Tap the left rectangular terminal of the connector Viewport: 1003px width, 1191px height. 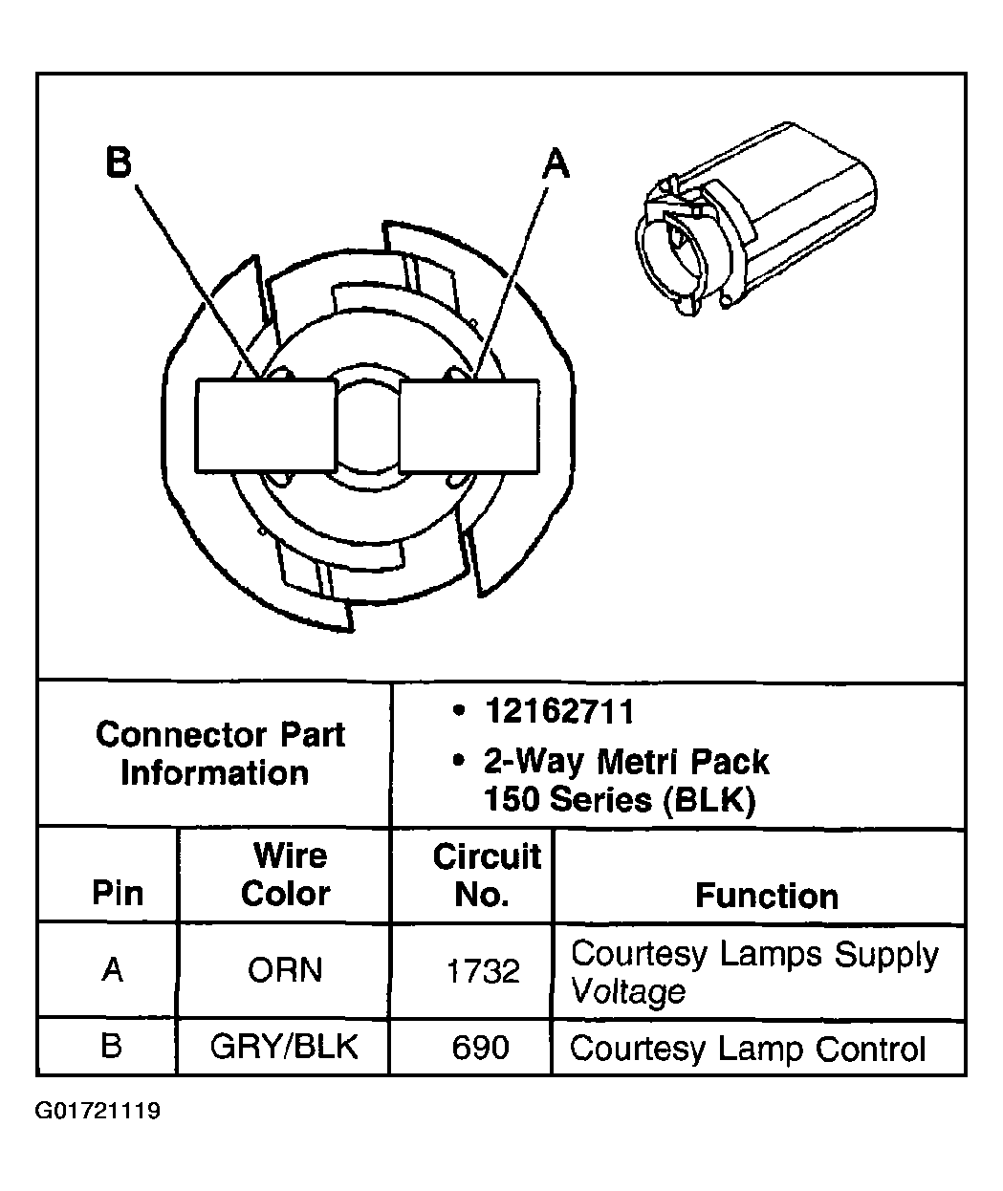click(266, 425)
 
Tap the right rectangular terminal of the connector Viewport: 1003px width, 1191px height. click(469, 425)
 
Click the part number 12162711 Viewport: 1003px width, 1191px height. click(558, 712)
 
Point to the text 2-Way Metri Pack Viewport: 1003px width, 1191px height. click(626, 762)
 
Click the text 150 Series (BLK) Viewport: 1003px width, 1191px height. click(620, 798)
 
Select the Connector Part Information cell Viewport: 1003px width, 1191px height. click(220, 753)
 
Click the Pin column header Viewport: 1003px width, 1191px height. click(118, 893)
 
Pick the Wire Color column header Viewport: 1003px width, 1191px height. click(284, 874)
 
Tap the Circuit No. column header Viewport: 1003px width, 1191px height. click(486, 875)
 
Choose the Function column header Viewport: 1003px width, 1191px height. click(766, 896)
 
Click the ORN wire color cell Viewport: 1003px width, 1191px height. click(284, 970)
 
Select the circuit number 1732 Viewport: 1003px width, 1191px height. click(483, 972)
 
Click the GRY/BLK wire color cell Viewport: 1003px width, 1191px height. click(284, 1047)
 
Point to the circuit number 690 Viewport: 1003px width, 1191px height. click(480, 1048)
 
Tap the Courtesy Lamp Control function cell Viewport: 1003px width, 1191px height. click(748, 1049)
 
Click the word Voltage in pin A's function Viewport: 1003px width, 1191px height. click(628, 991)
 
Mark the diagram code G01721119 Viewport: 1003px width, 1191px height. click(98, 1112)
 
